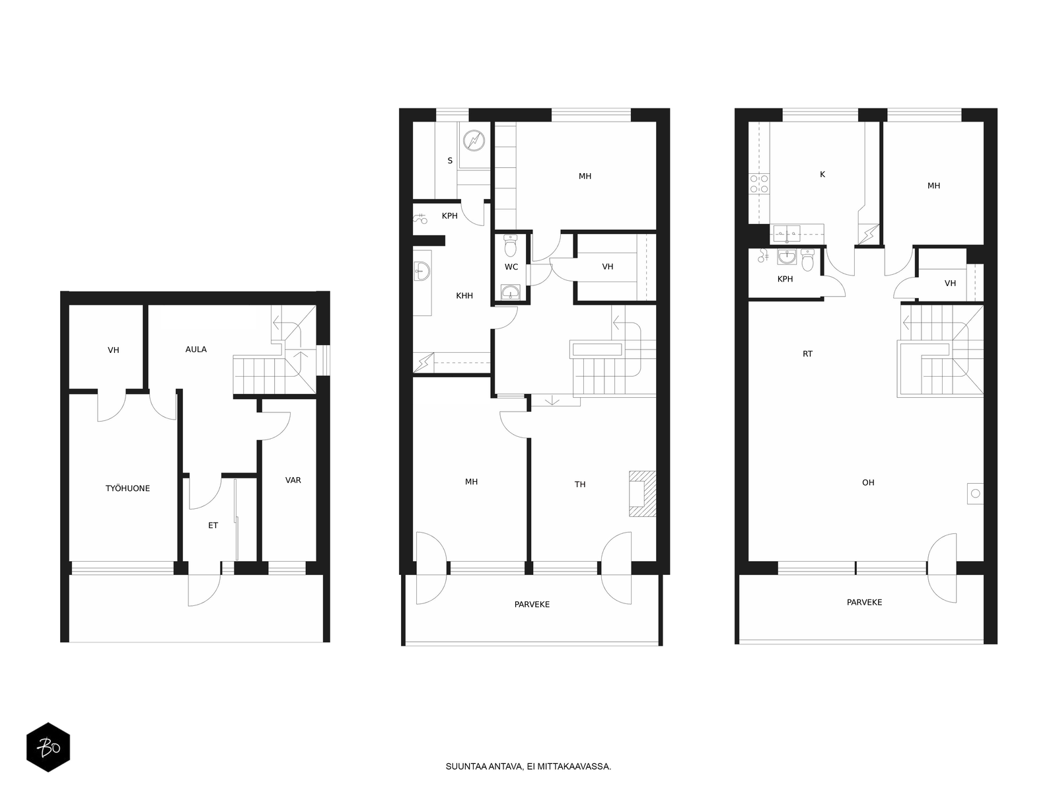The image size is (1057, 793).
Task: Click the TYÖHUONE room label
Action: (x=128, y=488)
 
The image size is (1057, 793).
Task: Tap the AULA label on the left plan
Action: (x=196, y=350)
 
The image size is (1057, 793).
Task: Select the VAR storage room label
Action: (x=293, y=480)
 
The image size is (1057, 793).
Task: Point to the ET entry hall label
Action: (x=213, y=525)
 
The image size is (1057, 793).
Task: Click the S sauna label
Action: (x=450, y=161)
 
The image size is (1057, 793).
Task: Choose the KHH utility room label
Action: (x=464, y=295)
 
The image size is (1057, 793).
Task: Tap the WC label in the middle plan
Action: (x=511, y=267)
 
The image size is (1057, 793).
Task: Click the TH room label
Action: (x=580, y=484)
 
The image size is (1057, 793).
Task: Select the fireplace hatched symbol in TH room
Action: (x=642, y=494)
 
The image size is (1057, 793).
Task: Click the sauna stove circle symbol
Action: (x=474, y=141)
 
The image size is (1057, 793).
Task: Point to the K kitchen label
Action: (x=822, y=174)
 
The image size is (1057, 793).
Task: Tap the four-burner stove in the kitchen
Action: (x=759, y=184)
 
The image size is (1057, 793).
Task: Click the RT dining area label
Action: (x=807, y=354)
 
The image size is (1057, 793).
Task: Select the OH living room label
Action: (x=868, y=482)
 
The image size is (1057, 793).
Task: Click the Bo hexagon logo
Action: (x=48, y=747)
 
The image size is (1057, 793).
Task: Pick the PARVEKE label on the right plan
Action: (x=864, y=602)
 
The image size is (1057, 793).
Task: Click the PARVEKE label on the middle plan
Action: (x=532, y=604)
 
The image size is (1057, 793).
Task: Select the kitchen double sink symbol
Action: (x=787, y=233)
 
